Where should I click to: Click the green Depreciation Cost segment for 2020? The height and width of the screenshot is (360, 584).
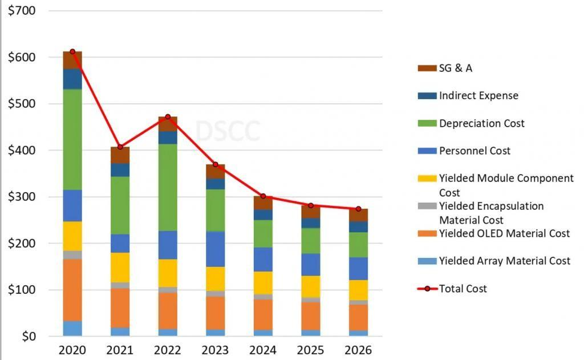(72, 139)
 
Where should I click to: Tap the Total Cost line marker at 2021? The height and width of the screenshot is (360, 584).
(120, 147)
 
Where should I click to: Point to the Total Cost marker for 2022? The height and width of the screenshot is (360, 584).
(168, 117)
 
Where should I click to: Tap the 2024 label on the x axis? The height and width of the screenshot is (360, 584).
(263, 349)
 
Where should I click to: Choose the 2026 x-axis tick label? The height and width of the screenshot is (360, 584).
(358, 349)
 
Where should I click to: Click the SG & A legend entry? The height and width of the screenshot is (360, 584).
(455, 68)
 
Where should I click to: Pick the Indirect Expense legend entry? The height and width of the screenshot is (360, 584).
(478, 96)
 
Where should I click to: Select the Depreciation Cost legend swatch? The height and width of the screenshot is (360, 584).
(427, 123)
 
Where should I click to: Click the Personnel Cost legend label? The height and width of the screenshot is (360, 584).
(474, 151)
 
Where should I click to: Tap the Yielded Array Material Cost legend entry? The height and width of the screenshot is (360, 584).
(504, 261)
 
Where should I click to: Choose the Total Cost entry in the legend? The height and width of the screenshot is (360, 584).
(463, 288)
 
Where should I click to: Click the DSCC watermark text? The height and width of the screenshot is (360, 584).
(228, 131)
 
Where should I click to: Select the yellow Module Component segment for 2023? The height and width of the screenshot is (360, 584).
(215, 278)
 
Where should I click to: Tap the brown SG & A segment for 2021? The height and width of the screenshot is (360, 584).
(120, 155)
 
